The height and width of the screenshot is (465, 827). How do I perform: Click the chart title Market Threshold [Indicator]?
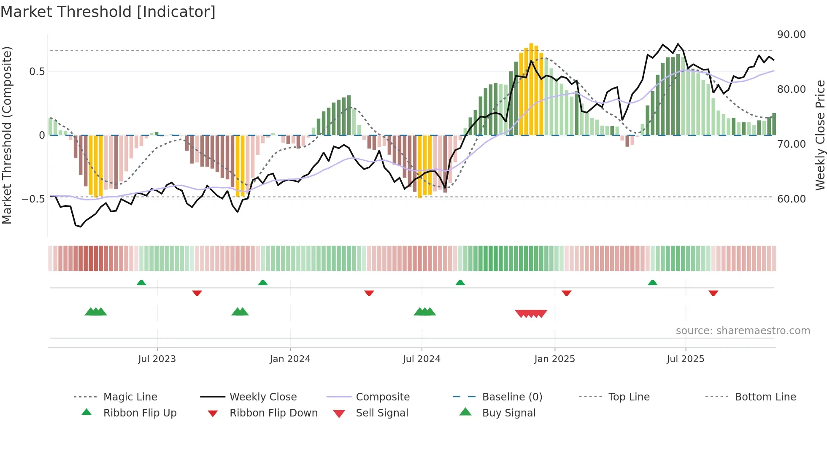pyautogui.click(x=108, y=12)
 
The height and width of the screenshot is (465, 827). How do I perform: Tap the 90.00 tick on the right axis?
pyautogui.click(x=791, y=35)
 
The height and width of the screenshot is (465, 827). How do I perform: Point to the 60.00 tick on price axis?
pyautogui.click(x=791, y=199)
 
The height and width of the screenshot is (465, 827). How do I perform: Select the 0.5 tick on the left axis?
pyautogui.click(x=37, y=72)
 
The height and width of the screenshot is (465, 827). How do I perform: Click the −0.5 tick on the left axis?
pyautogui.click(x=33, y=199)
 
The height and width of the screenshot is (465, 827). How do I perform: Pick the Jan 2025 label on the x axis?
pyautogui.click(x=554, y=359)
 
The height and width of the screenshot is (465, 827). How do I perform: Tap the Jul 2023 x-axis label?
pyautogui.click(x=157, y=359)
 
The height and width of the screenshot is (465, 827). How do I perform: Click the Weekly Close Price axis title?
pyautogui.click(x=820, y=135)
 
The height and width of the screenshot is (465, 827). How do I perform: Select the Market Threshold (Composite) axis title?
pyautogui.click(x=7, y=135)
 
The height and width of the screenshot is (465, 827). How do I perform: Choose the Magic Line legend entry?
pyautogui.click(x=130, y=397)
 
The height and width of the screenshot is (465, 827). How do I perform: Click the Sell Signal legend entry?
pyautogui.click(x=382, y=413)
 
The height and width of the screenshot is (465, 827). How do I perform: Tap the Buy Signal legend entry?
pyautogui.click(x=508, y=413)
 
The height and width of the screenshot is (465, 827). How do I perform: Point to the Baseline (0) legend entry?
pyautogui.click(x=512, y=397)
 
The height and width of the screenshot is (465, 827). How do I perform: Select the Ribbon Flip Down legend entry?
pyautogui.click(x=273, y=413)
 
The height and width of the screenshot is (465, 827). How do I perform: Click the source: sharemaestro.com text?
pyautogui.click(x=743, y=331)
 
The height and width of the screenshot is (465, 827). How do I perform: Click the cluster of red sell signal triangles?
pyautogui.click(x=531, y=314)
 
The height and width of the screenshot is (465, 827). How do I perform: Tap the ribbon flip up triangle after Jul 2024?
pyautogui.click(x=460, y=283)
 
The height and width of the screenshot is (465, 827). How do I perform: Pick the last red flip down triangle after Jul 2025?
pyautogui.click(x=713, y=293)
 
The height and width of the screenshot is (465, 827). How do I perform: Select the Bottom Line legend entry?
pyautogui.click(x=765, y=397)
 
